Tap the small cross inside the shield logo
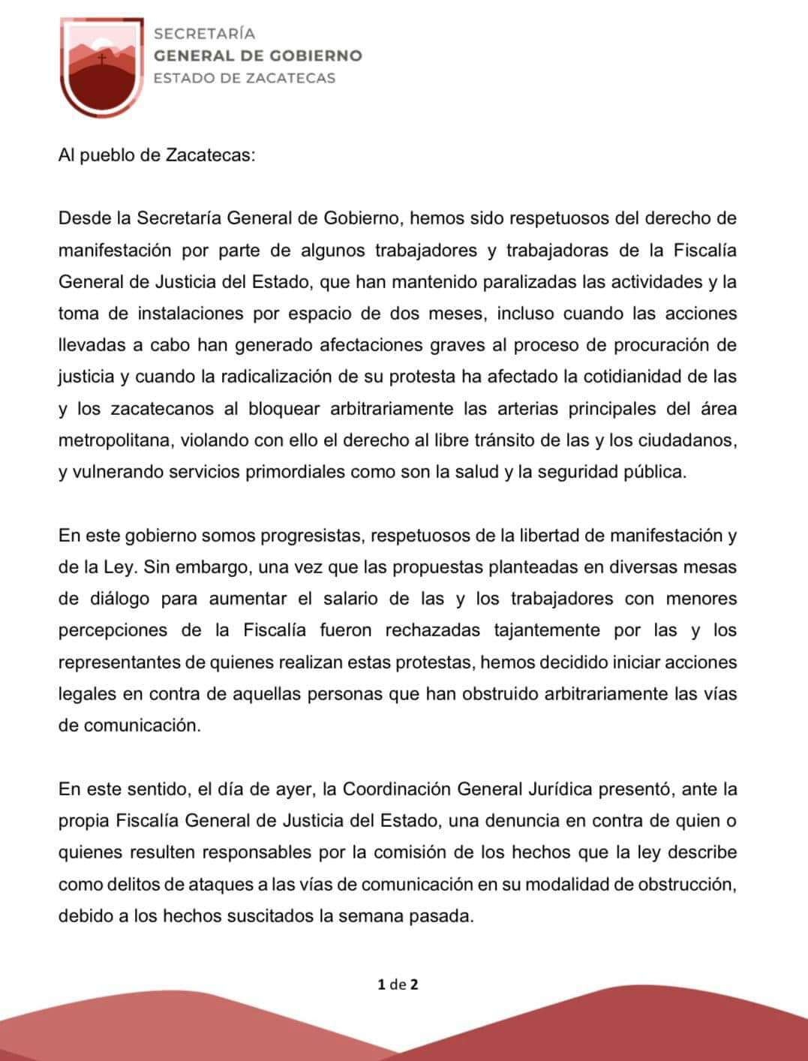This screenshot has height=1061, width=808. point(103,58)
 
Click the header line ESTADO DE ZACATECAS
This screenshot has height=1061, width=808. point(244,78)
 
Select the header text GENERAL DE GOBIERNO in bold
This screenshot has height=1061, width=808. point(257,56)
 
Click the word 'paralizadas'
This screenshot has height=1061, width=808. point(454,282)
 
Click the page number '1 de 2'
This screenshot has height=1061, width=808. point(398,984)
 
